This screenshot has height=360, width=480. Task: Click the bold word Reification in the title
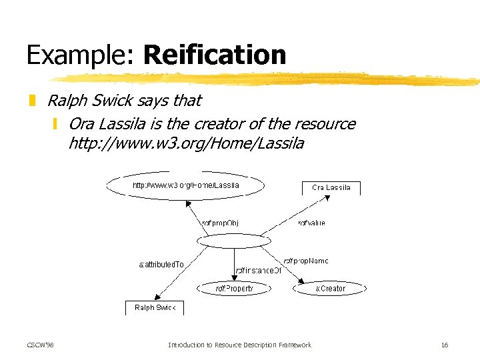click(x=214, y=55)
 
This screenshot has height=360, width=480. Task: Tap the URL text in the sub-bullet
click(x=186, y=143)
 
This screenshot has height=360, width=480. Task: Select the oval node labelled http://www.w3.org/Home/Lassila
click(x=186, y=185)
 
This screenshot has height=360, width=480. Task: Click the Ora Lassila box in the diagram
click(x=331, y=187)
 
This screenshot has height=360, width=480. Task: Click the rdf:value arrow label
click(x=311, y=223)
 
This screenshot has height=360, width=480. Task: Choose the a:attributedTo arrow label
click(x=161, y=265)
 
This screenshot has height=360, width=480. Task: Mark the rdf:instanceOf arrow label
click(x=258, y=271)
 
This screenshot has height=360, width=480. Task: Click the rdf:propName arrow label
click(x=306, y=261)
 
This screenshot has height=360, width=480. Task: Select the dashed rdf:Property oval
click(x=234, y=289)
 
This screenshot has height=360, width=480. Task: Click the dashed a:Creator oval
click(x=330, y=289)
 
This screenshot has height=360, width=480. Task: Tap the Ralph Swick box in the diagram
click(x=154, y=308)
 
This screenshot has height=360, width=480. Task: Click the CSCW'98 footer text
click(x=41, y=345)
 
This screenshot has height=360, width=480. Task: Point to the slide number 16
click(x=445, y=345)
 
